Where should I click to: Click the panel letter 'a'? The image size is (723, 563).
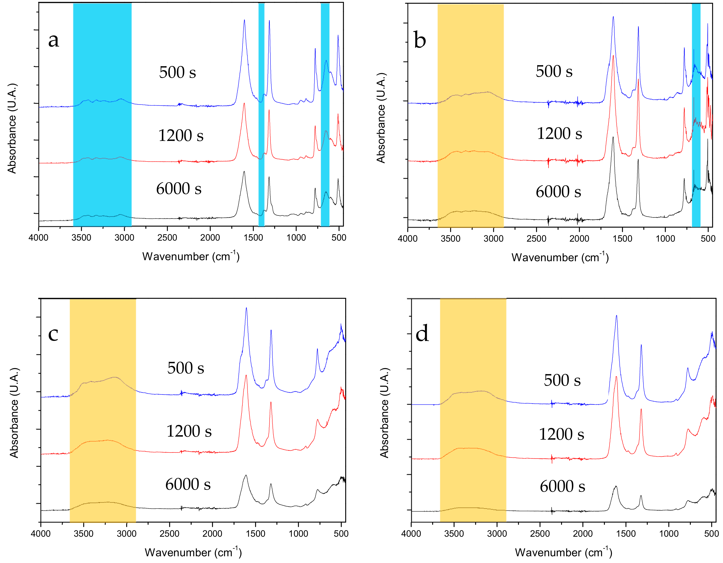(x=54, y=40)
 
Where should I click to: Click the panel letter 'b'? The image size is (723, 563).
(x=420, y=41)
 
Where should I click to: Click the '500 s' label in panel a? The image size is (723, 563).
(x=177, y=72)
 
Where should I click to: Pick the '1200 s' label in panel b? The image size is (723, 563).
(x=559, y=134)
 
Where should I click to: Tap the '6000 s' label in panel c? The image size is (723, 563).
(x=188, y=485)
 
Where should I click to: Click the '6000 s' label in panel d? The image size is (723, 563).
(x=562, y=486)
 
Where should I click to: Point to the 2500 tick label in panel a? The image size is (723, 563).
(x=167, y=238)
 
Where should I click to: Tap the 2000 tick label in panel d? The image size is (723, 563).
(x=583, y=534)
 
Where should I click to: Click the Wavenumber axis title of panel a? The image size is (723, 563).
(x=191, y=256)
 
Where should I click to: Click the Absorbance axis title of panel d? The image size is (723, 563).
(x=384, y=413)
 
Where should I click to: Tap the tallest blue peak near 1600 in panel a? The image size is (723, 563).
(x=244, y=21)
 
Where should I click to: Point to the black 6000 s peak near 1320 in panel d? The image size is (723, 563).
(x=641, y=496)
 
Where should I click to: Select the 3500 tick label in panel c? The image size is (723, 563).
(x=83, y=534)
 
